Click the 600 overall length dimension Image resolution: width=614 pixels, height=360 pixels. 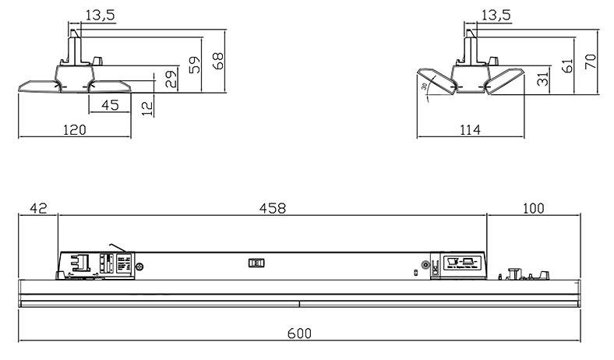299,333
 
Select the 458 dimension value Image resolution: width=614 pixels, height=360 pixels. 272,208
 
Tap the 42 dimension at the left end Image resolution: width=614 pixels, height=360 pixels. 38,208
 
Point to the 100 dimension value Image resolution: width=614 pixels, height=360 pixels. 533,208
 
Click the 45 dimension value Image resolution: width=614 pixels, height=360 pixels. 110,104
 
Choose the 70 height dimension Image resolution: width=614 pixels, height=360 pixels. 591,60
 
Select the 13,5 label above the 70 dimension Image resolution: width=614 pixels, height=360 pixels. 496,16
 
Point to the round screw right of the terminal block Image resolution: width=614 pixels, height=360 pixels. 139,267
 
